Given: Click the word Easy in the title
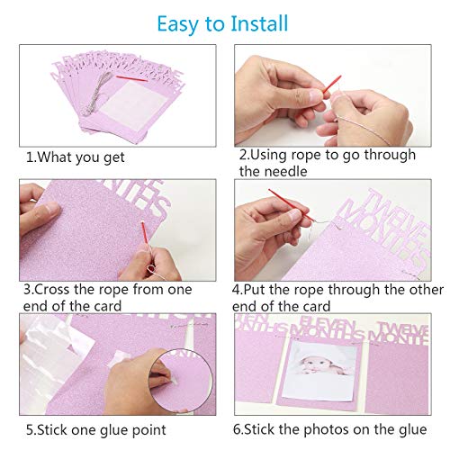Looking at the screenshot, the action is [x=177, y=25].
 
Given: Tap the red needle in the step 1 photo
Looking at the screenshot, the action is [x=131, y=78].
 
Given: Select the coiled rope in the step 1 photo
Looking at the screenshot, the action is [x=95, y=93].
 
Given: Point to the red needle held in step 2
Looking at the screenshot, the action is [x=331, y=85].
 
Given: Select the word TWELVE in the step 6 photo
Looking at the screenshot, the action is [x=402, y=329].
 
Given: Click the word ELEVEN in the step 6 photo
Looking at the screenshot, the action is [x=327, y=323].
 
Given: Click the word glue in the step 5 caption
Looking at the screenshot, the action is [x=114, y=431].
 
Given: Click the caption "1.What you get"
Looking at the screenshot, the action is [x=76, y=157].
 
